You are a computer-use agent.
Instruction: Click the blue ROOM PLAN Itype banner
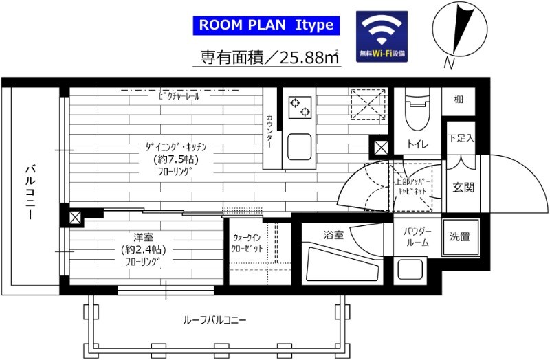tap(265, 26)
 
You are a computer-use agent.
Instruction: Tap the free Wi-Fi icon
tap(381, 36)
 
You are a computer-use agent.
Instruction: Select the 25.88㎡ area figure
tap(309, 58)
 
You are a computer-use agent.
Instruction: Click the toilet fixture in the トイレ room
tap(417, 113)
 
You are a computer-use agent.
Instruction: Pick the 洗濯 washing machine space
tap(459, 237)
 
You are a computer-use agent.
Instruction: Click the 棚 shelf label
tap(459, 100)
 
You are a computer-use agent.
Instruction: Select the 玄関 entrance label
tap(463, 188)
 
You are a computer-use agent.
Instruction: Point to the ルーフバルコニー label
tap(214, 320)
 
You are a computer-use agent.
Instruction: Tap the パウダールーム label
tap(417, 237)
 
